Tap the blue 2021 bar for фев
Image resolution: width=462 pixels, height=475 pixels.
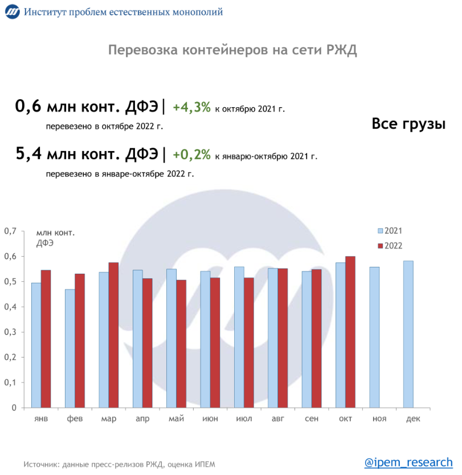coord(69,348)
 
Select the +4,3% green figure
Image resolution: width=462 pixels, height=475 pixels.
coord(191,107)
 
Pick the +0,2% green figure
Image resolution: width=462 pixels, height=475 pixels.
coord(191,154)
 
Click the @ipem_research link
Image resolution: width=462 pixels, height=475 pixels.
coord(408,461)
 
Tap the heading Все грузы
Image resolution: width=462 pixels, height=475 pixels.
coord(408,124)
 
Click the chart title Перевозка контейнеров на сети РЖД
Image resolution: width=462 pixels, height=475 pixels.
coord(232,50)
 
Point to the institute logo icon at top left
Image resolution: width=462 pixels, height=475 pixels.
coord(12,12)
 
